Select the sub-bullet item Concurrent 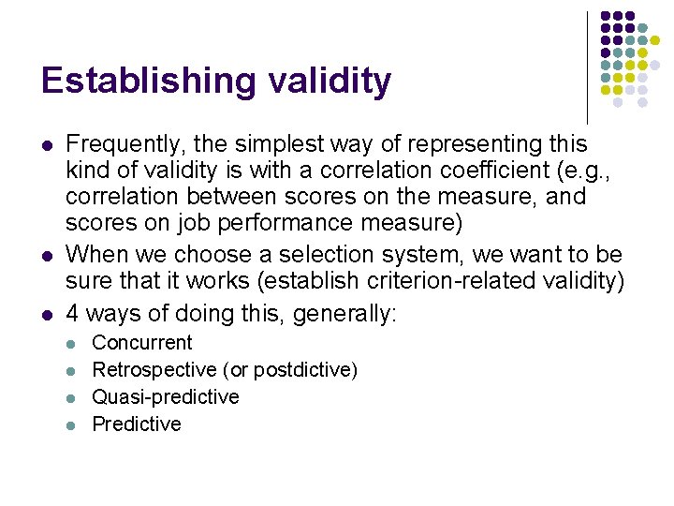coord(142,343)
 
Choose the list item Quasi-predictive coord(166,397)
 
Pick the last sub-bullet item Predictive coord(137,424)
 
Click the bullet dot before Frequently coord(46,146)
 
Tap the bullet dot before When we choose coord(46,255)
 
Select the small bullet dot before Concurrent coord(73,345)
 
